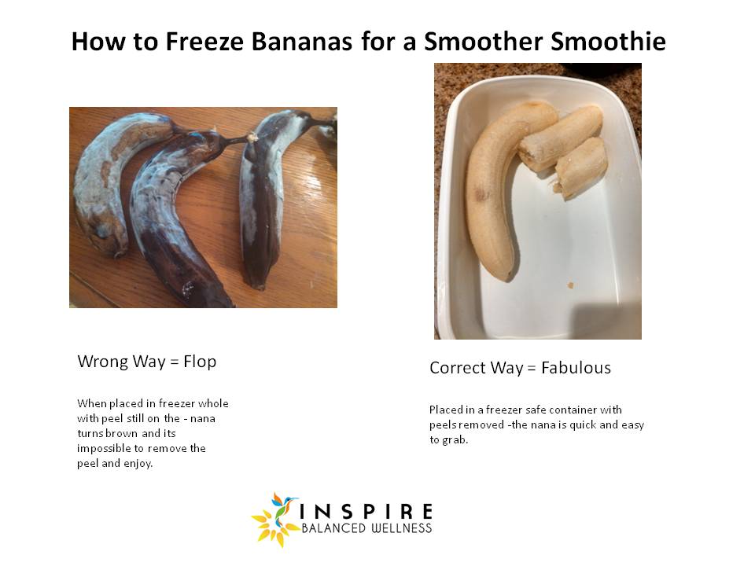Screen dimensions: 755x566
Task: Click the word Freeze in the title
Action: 204,41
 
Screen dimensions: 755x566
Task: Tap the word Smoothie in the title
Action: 609,41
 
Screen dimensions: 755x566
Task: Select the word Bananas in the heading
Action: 302,41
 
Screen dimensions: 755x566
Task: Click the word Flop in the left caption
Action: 200,362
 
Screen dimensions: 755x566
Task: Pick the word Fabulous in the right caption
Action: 576,368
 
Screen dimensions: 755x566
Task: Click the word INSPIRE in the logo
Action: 366,511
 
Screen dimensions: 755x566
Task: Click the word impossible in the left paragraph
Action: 104,449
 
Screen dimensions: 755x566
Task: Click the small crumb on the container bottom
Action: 571,285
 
